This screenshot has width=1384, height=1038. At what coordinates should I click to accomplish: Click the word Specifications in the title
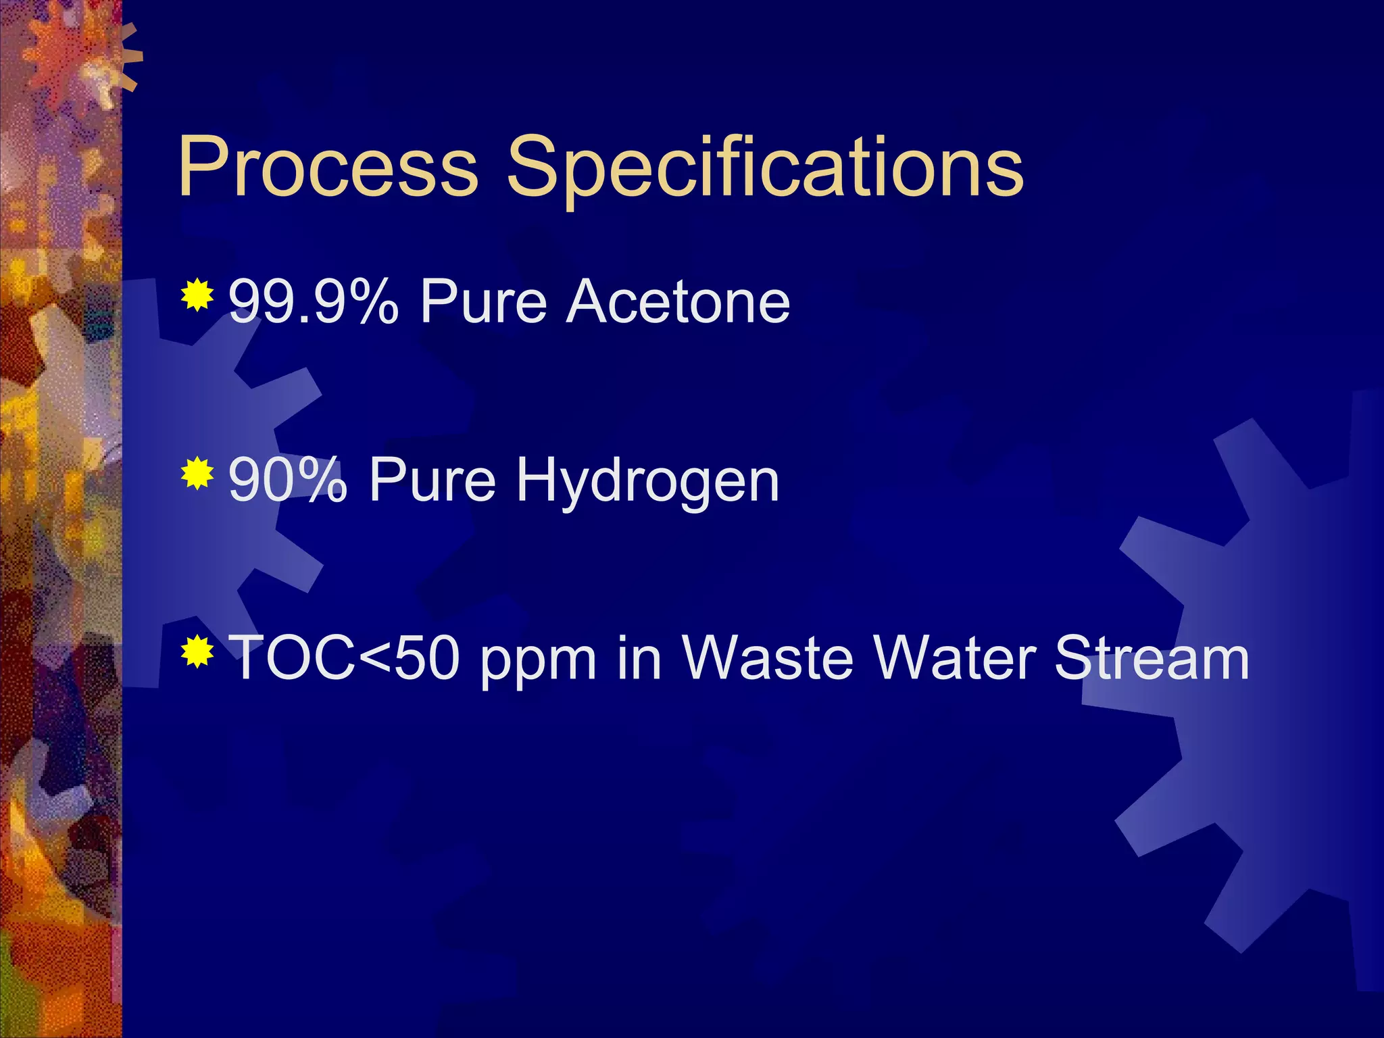pyautogui.click(x=765, y=167)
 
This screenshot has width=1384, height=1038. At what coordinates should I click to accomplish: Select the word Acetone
pyautogui.click(x=678, y=302)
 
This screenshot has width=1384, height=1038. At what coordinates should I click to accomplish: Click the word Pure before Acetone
pyautogui.click(x=483, y=302)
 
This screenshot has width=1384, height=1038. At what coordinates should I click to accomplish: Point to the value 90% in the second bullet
pyautogui.click(x=288, y=480)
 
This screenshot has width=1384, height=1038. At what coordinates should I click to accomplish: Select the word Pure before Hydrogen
pyautogui.click(x=432, y=480)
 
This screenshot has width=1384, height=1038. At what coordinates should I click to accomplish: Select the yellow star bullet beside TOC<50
pyautogui.click(x=197, y=651)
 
